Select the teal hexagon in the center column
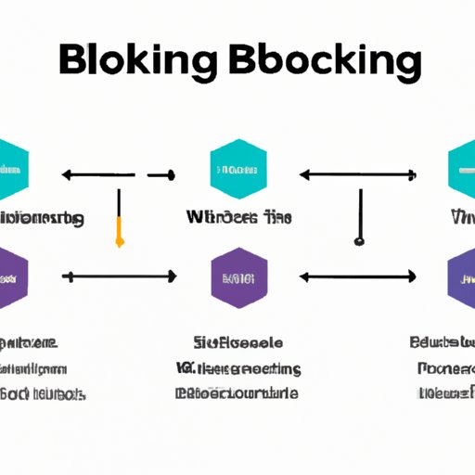coord(239,171)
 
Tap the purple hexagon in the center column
coord(239,276)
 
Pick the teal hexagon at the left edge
coord(11,171)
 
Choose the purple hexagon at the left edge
coord(11,276)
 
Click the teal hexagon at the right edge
coord(463,171)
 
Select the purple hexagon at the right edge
coord(463,276)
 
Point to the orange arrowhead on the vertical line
coord(119,240)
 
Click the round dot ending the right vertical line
coord(358,241)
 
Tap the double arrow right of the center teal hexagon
coord(357,173)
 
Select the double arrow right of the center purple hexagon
coord(357,276)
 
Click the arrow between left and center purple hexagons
coord(119,276)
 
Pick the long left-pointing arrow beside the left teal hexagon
coord(98,173)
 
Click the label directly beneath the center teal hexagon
coord(237,218)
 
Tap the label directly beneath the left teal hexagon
coord(41,219)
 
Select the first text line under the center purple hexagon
coord(237,341)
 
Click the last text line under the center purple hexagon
coord(237,392)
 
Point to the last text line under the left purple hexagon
coord(43,393)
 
